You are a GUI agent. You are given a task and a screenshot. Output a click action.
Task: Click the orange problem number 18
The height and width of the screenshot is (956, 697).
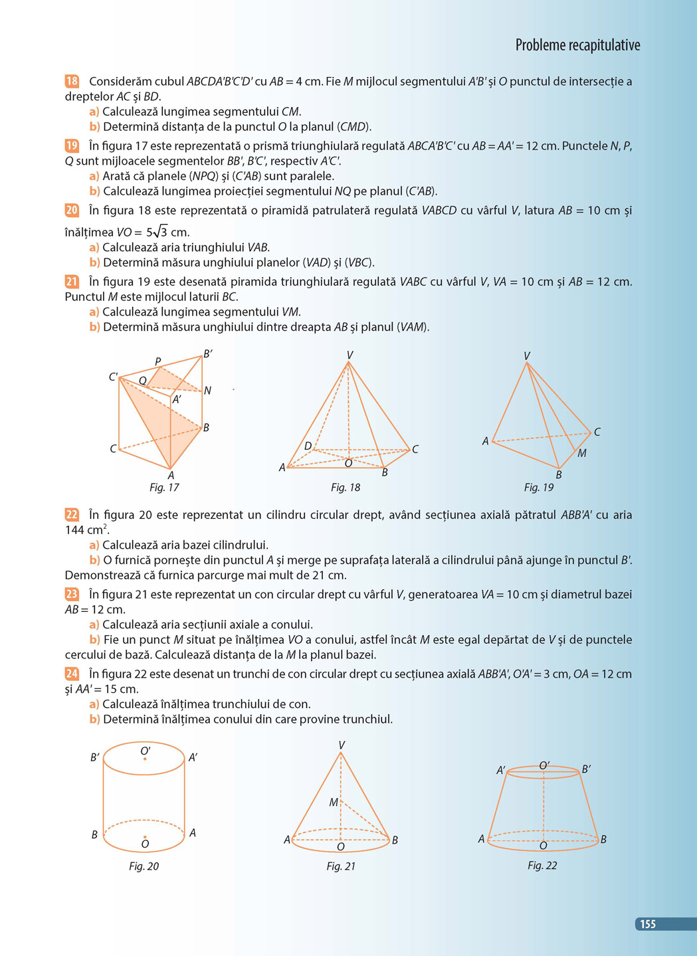click(72, 81)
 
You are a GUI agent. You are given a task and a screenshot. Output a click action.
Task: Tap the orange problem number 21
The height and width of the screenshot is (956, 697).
click(72, 282)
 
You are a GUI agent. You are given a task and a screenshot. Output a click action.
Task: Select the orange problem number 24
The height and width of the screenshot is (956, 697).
click(72, 674)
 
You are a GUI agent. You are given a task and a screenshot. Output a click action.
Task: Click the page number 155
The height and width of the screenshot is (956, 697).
click(647, 924)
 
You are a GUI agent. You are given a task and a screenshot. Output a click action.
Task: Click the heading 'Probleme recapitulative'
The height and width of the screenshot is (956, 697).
click(577, 45)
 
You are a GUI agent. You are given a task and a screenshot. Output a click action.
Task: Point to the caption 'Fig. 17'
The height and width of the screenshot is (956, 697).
click(164, 488)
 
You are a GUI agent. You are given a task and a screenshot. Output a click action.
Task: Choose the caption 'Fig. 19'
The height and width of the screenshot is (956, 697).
click(538, 488)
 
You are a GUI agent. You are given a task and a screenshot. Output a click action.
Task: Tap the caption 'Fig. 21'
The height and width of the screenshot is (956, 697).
click(341, 866)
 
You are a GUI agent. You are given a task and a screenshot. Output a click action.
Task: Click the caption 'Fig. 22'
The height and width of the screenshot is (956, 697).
click(542, 866)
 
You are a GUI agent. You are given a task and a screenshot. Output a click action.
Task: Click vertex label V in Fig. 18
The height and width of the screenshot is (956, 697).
click(349, 355)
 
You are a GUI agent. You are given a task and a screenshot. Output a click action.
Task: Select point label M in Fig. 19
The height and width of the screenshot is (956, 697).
click(582, 454)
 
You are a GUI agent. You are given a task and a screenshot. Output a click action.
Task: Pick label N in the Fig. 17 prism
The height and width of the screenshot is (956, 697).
click(208, 391)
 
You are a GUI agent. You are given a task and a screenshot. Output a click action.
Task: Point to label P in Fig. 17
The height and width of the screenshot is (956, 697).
click(158, 362)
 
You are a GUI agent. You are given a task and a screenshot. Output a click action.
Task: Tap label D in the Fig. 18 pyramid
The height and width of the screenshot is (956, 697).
click(308, 446)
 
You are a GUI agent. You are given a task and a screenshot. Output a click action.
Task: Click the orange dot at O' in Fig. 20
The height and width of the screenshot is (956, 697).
click(145, 759)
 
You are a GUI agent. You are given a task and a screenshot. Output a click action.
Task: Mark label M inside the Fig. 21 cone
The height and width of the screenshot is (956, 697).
click(334, 803)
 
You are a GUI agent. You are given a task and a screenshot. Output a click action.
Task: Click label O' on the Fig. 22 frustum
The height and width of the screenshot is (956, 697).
click(544, 766)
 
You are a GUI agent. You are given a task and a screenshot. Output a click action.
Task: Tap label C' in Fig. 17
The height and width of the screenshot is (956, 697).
click(113, 377)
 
